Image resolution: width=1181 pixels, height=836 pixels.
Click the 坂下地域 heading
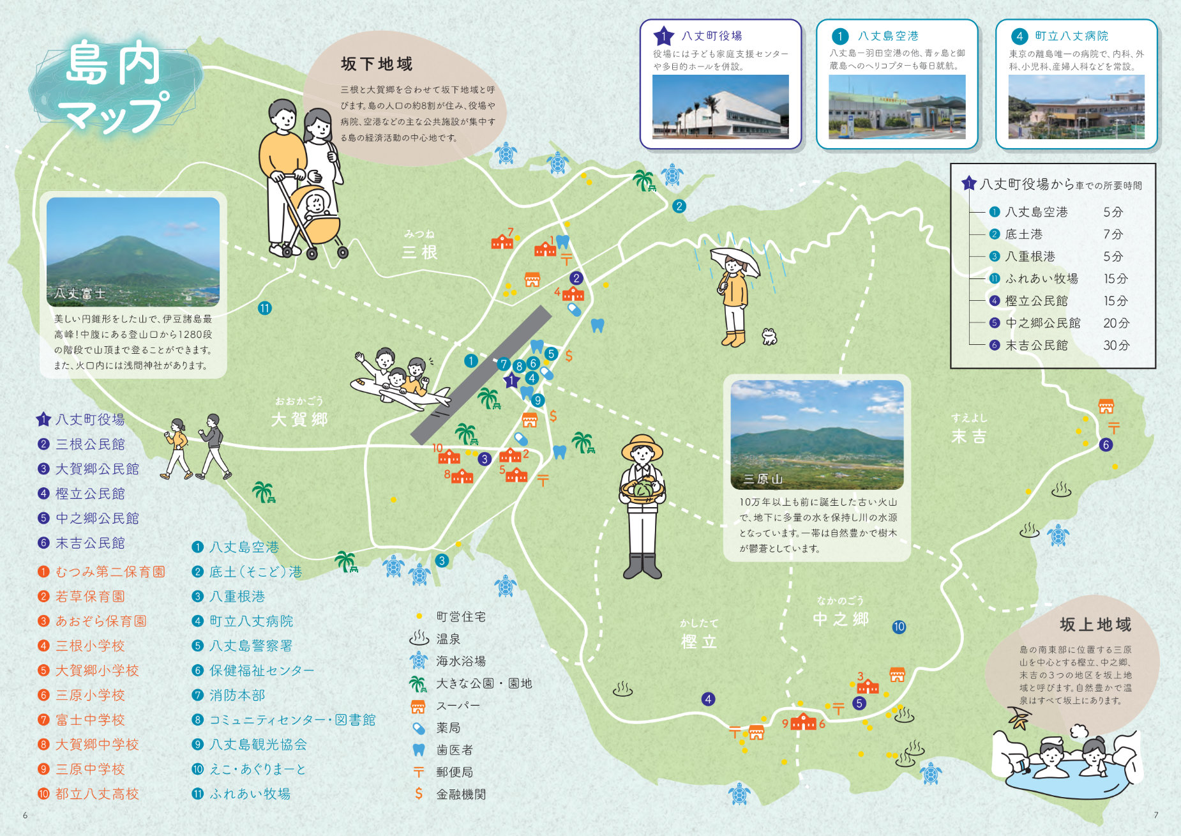coord(377,64)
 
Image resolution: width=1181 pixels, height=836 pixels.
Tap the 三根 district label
coord(420,252)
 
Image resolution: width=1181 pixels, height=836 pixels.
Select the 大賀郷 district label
coord(299,419)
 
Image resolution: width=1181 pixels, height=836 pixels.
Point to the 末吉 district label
coord(969,436)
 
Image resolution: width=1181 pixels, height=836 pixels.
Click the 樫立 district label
coord(700,641)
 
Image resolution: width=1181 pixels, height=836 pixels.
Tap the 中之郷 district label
coord(841,618)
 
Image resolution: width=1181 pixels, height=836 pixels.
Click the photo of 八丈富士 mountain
coord(133,251)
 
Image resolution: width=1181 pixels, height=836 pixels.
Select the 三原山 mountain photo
coord(817,434)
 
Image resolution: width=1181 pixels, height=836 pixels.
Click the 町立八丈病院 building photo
coord(1076,107)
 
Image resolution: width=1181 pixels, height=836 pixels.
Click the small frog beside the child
coord(770,336)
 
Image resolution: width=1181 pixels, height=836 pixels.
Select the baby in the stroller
coord(315,205)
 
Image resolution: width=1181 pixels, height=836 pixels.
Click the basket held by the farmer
coord(643,490)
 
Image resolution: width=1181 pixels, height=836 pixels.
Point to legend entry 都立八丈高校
coord(97,794)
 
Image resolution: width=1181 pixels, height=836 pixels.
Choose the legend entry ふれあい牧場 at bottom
coord(250,794)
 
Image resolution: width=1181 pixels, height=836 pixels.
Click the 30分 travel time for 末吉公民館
coord(1116,345)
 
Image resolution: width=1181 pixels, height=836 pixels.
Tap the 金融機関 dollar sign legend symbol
coord(419,794)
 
